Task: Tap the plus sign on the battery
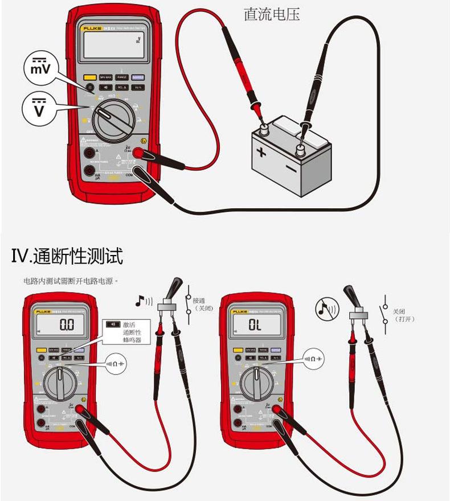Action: pos(260,151)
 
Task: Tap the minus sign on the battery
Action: pos(291,169)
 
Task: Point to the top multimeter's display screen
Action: pos(113,46)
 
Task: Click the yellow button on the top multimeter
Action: pos(89,77)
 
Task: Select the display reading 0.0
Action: pos(67,325)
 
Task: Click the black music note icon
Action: pos(141,299)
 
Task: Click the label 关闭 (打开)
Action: pos(403,315)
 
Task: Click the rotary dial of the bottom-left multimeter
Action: pos(60,383)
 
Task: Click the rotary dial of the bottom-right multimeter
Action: pos(256,383)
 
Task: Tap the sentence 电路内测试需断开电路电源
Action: pos(71,281)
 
